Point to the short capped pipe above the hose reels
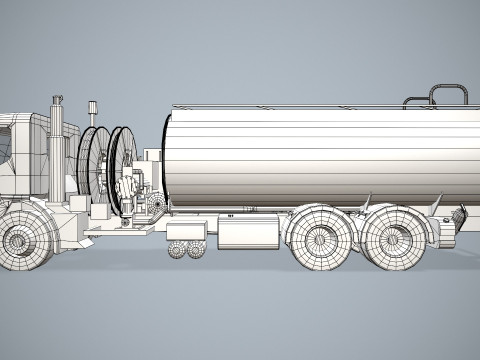92,112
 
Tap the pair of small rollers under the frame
184,250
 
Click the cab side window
5,140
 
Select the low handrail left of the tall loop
415,101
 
